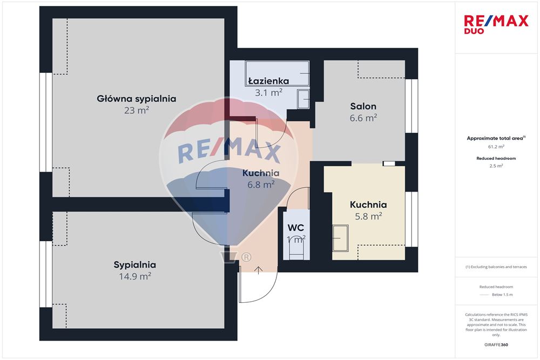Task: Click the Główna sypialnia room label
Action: coord(137,99)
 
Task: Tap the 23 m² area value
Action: coord(137,111)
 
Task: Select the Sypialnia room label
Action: coord(134,265)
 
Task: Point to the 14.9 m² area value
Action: coord(134,276)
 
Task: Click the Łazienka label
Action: coord(268,81)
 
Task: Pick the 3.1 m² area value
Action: coord(268,93)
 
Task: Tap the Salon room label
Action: coord(363,106)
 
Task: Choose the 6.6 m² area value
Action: coord(363,118)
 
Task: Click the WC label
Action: coord(296,228)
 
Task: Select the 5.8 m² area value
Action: coord(368,216)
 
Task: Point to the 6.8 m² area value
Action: coord(261,185)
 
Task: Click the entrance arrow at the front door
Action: coord(258,270)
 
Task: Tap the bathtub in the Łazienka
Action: coord(277,73)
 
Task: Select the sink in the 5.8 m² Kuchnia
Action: coord(340,238)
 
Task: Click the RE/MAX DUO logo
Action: coord(496,24)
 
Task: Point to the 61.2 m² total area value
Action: coord(496,147)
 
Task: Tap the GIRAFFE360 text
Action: coord(496,345)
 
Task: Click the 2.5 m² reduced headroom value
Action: coord(496,166)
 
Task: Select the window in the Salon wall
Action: coord(411,106)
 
